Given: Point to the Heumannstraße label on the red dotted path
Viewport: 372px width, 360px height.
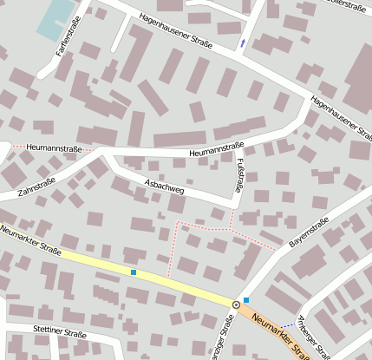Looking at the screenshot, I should pos(54,148).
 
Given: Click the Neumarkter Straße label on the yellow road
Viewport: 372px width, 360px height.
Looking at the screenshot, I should pos(31,242).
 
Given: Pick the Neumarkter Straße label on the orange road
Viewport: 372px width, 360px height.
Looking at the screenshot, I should pos(280,334).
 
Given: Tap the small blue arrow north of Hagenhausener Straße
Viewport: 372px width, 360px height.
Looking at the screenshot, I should pos(242,42).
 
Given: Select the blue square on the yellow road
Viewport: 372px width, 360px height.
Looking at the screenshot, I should pos(133,272).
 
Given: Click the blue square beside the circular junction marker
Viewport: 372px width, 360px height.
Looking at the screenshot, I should pos(246,300).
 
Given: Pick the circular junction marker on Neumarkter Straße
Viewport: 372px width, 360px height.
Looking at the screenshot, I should pos(236,304).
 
